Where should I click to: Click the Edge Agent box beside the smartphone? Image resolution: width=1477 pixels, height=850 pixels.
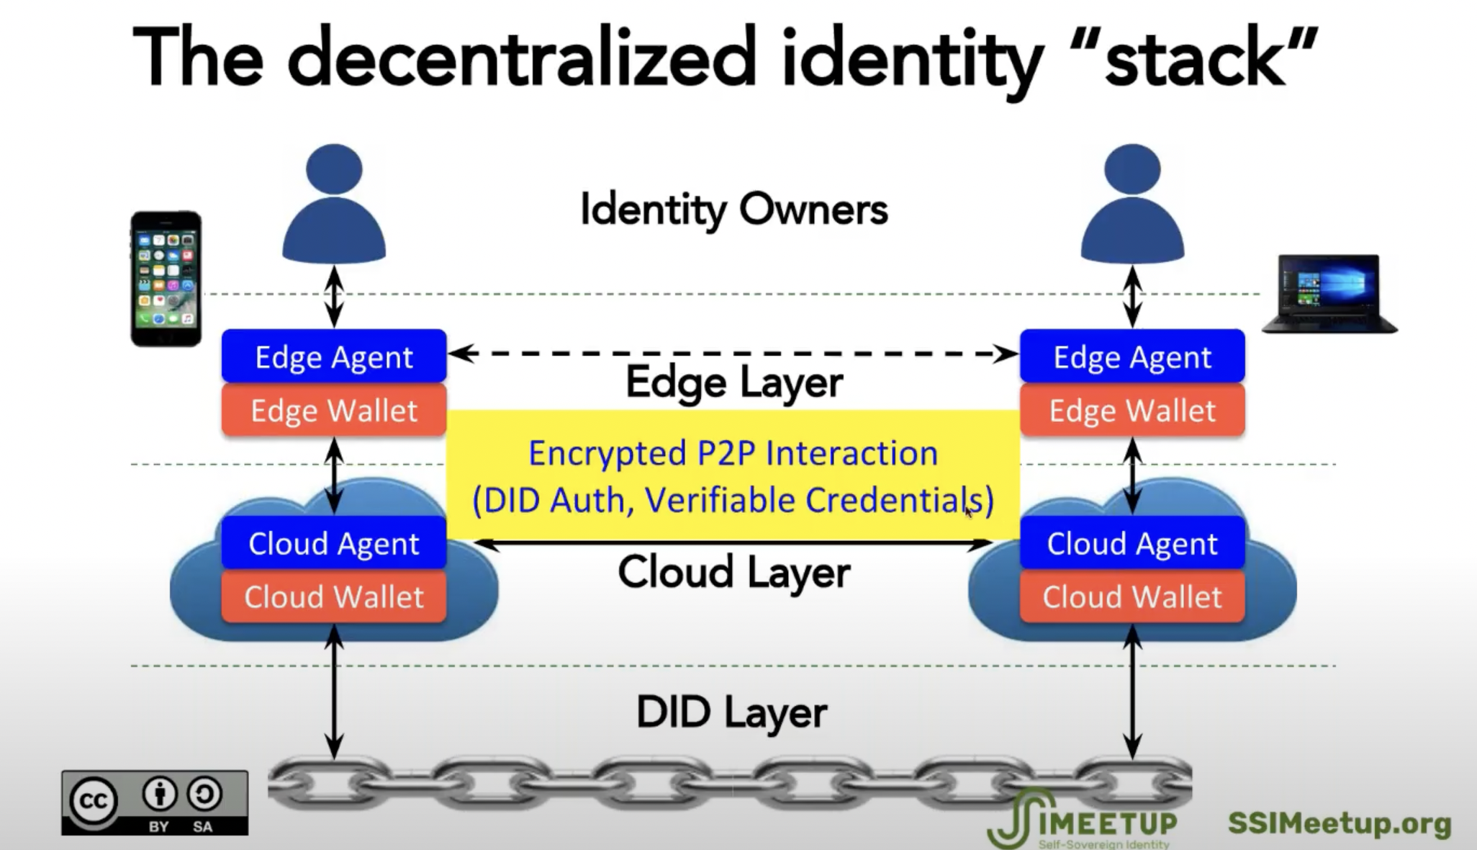pos(334,357)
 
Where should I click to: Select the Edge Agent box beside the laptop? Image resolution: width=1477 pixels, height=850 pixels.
pos(1132,357)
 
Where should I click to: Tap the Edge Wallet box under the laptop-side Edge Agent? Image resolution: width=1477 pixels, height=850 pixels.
pos(1132,411)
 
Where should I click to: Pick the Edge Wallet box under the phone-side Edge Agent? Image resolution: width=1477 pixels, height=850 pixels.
pos(334,411)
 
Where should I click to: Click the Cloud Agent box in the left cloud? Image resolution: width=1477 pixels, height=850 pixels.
pos(334,543)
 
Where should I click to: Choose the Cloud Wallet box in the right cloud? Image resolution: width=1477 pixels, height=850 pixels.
pos(1132,596)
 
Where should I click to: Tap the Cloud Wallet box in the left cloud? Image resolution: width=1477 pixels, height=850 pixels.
pos(334,596)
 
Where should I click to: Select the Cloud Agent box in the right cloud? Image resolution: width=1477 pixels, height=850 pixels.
pos(1132,543)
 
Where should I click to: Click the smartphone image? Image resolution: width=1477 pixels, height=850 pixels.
pos(166,279)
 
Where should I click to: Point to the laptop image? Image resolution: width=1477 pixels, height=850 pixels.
pos(1329,294)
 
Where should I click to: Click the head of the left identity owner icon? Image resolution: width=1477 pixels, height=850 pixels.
pos(334,169)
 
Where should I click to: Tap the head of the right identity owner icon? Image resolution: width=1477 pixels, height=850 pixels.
pos(1132,169)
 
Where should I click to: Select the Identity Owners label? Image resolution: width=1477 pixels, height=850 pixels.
pos(733,210)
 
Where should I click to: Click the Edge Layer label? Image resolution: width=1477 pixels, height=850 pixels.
pos(733,382)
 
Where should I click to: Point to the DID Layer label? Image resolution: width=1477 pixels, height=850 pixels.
pos(731,712)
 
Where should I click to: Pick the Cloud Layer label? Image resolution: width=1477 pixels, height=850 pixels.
pos(733,573)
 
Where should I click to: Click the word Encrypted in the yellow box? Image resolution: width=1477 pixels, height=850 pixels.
pos(607,454)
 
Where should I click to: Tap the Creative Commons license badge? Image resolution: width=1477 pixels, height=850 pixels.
pos(155,802)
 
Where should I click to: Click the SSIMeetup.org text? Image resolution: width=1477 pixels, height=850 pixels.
pos(1339,823)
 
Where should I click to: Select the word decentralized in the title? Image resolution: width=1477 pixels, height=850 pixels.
pos(522,58)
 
